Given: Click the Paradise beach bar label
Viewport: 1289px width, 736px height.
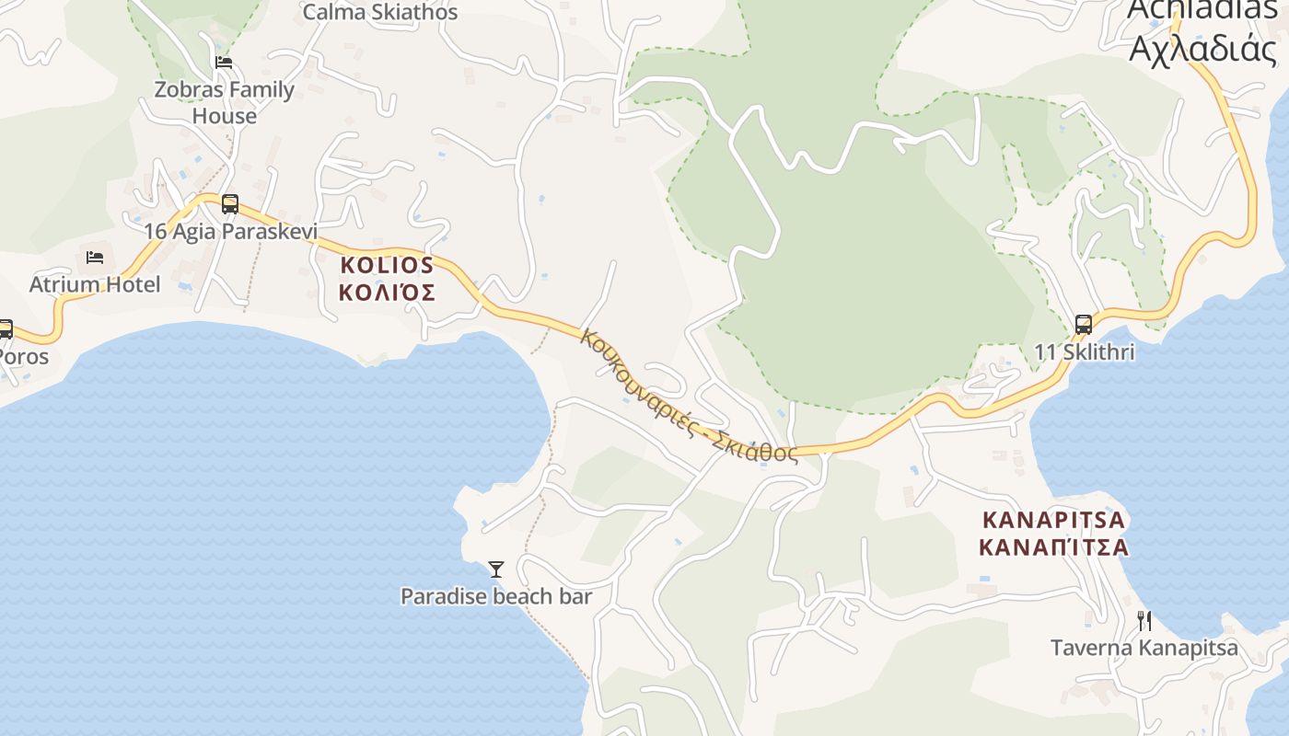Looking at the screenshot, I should click(x=496, y=596).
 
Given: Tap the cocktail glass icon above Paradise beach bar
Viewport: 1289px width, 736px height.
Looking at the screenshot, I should click(x=496, y=569).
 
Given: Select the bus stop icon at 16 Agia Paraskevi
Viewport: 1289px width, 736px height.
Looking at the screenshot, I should click(x=230, y=204).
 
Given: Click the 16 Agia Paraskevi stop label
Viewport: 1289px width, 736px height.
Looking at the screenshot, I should click(x=230, y=231).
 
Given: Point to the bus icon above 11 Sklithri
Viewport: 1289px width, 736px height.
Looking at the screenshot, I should click(x=1084, y=325).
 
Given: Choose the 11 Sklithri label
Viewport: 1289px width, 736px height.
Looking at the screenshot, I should click(x=1085, y=352).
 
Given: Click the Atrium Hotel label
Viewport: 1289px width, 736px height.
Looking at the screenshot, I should click(x=95, y=284).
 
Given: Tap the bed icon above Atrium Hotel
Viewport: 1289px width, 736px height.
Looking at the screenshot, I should click(x=95, y=258).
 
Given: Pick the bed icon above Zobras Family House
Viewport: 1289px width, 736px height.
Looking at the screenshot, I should click(x=224, y=63).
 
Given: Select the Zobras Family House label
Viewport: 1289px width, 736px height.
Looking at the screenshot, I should click(x=225, y=103).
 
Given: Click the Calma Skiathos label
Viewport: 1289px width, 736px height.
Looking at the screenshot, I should click(x=380, y=12).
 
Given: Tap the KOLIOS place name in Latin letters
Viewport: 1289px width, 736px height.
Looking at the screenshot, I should click(x=387, y=265).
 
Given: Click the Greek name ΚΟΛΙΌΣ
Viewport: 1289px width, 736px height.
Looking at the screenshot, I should click(x=387, y=293).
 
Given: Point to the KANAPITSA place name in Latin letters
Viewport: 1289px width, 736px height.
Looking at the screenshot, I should click(x=1053, y=520).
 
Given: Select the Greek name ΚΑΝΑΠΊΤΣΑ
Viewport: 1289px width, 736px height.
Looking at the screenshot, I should click(x=1053, y=547).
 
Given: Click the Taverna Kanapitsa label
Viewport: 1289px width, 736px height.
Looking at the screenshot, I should click(x=1144, y=648).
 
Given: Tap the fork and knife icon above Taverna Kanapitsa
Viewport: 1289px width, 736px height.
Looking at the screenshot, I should click(x=1144, y=621).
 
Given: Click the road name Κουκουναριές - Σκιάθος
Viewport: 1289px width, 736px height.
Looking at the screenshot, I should click(x=689, y=396).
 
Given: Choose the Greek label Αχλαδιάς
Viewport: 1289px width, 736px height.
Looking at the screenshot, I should click(x=1202, y=48).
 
